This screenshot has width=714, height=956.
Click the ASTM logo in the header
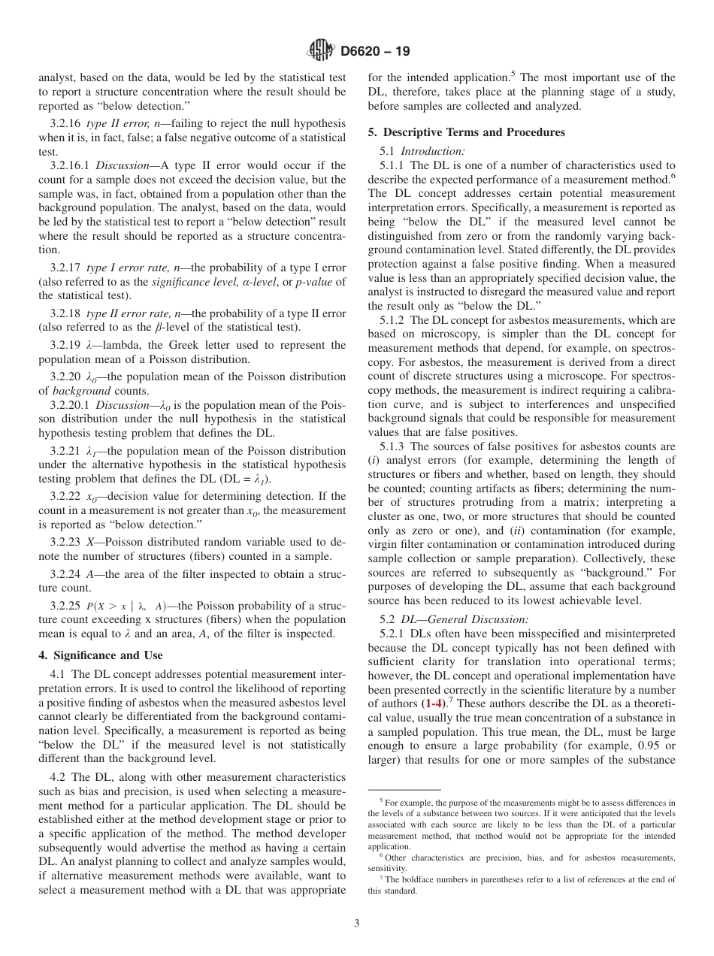click(321, 51)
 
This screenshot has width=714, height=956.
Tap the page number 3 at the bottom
click(356, 924)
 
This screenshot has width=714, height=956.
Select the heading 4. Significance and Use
click(100, 655)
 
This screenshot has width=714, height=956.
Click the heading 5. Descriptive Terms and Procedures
click(466, 132)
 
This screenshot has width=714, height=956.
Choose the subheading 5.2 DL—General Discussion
click(454, 619)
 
